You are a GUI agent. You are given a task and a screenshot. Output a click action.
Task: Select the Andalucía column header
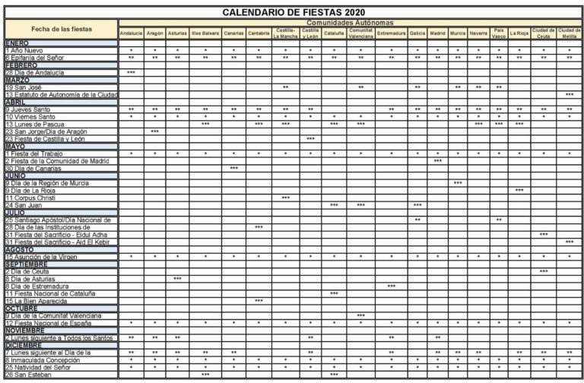tap(131, 33)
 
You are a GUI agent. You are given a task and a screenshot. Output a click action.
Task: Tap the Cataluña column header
tap(334, 33)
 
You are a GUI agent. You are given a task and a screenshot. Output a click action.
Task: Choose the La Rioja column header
tap(519, 33)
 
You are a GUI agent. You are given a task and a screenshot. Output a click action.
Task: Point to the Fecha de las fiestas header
tap(61, 30)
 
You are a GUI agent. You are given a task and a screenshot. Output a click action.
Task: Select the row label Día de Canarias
tap(37, 168)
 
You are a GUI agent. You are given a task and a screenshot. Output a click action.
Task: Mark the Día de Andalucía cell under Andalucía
tap(131, 72)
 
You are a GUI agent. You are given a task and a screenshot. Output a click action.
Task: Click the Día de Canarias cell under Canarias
tap(234, 168)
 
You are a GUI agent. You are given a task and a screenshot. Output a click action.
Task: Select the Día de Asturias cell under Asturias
tap(177, 279)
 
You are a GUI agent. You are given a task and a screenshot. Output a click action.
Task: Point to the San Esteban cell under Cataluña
tap(334, 375)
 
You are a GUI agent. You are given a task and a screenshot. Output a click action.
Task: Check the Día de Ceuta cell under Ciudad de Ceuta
tap(544, 271)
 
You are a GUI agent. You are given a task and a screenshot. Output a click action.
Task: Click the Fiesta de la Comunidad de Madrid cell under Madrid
tap(438, 160)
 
